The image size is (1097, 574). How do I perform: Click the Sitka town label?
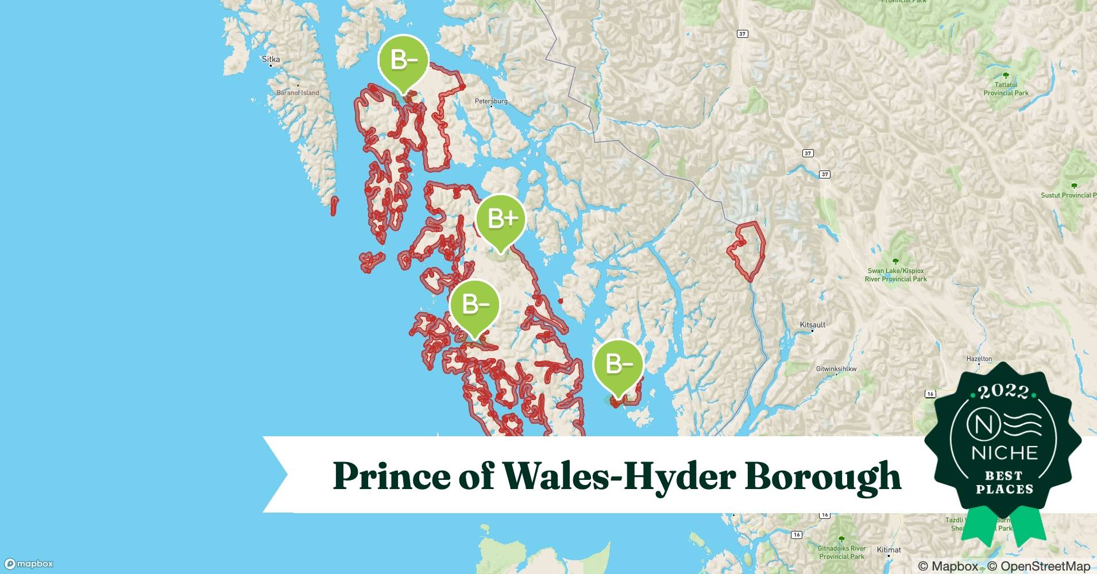point(271,59)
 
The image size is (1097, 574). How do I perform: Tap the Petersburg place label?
point(490,101)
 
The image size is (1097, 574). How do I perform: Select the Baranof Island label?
point(298,92)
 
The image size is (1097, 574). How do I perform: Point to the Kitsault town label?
point(812,325)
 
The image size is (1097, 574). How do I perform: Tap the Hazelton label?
point(979,359)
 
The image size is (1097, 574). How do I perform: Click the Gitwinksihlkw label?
point(836,369)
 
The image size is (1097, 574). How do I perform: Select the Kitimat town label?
point(889,550)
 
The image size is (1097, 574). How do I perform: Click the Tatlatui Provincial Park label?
point(1006,89)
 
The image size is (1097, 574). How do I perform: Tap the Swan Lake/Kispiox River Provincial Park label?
point(895,275)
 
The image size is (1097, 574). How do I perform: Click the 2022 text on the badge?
point(1003,392)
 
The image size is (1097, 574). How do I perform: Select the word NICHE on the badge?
point(1004,453)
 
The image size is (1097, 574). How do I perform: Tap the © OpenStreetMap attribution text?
point(1038,566)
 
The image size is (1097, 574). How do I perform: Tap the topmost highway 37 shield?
point(742,34)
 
